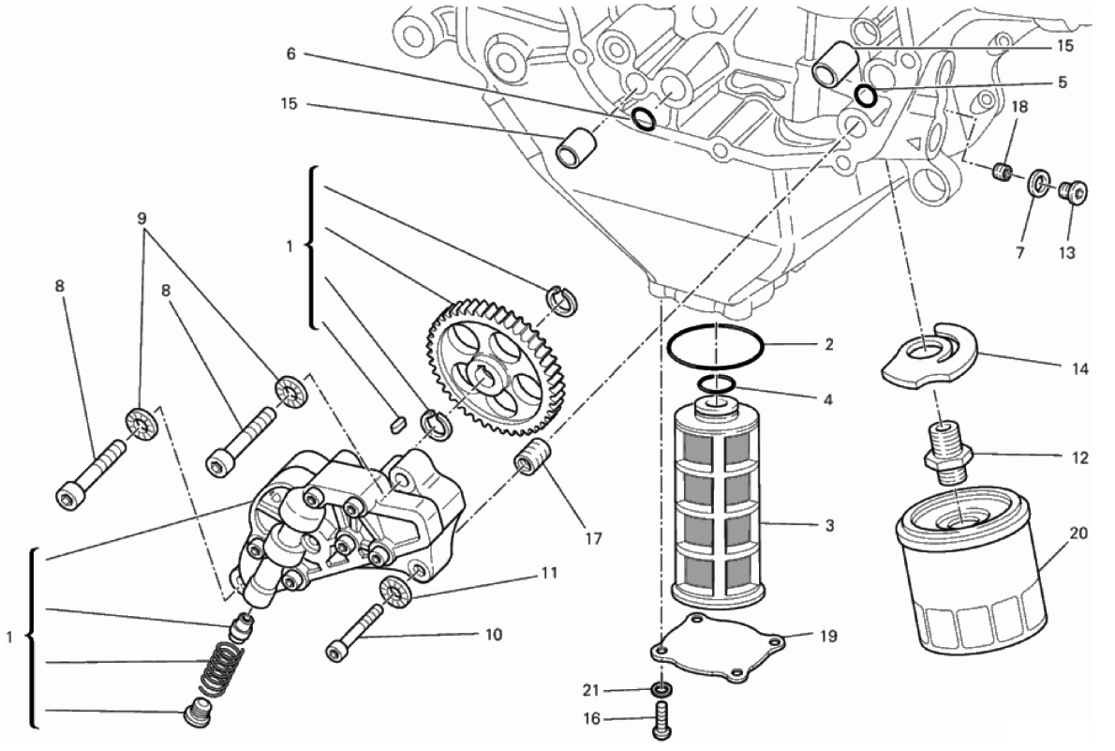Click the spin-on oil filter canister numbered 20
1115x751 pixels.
[972, 569]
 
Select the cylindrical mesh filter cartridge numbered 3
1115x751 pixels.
[719, 502]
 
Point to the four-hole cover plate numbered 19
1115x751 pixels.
[719, 649]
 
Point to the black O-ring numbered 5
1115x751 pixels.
[867, 96]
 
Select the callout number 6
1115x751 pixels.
[290, 53]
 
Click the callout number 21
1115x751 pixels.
[591, 690]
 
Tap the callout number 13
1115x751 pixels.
[1066, 252]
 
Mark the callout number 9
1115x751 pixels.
[142, 218]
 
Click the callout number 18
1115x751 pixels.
[1019, 107]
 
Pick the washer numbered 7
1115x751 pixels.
[1039, 185]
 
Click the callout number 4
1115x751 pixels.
[827, 399]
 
